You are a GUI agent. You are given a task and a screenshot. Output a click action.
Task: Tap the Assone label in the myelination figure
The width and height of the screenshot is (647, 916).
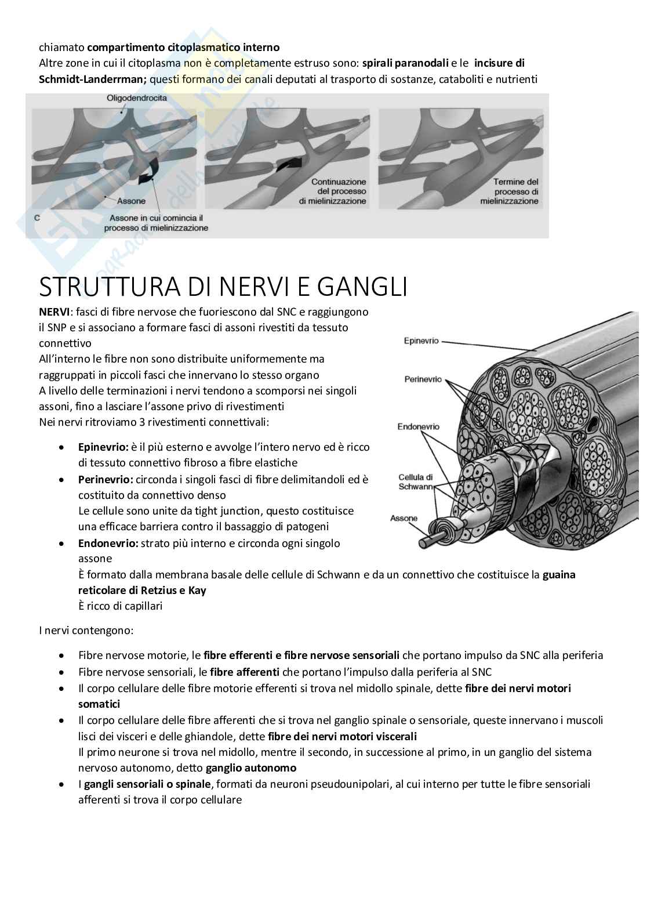131,202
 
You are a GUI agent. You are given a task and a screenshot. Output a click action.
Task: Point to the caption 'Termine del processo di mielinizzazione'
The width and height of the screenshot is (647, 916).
510,191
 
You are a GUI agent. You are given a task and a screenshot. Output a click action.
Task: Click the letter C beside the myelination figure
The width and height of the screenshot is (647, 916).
37,218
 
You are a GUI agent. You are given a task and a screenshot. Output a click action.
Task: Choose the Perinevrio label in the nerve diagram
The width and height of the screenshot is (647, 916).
423,379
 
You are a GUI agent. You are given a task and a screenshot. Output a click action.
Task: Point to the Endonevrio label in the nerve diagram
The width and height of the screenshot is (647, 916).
418,426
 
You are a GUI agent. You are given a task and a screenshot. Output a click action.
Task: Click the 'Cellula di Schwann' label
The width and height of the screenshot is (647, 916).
416,482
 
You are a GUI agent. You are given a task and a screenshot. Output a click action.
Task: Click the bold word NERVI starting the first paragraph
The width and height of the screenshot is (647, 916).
53,312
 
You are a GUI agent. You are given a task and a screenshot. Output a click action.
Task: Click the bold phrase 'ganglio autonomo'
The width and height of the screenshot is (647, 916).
251,767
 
